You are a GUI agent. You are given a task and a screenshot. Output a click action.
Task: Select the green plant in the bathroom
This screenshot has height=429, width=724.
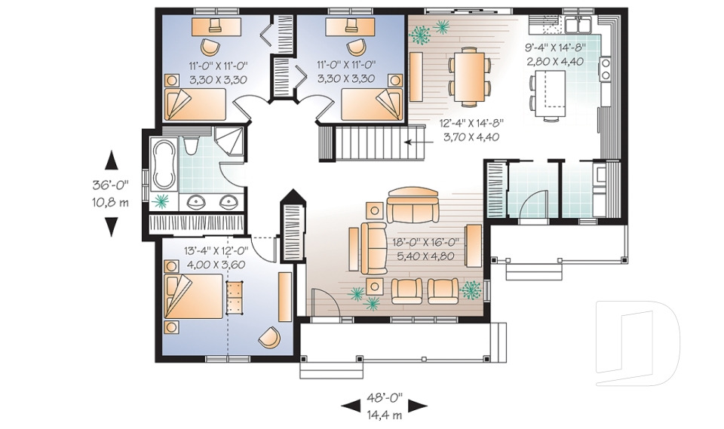pos(161,201)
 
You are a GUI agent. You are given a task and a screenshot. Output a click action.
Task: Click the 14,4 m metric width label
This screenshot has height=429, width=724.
pos(384,413)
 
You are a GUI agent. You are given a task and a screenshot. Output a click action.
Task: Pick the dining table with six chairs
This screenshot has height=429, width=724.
pos(468,75)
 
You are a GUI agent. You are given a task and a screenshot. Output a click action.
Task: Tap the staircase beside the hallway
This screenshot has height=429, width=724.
pos(370,142)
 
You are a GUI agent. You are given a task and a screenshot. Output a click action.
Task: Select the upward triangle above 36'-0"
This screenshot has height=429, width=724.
pos(112,160)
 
